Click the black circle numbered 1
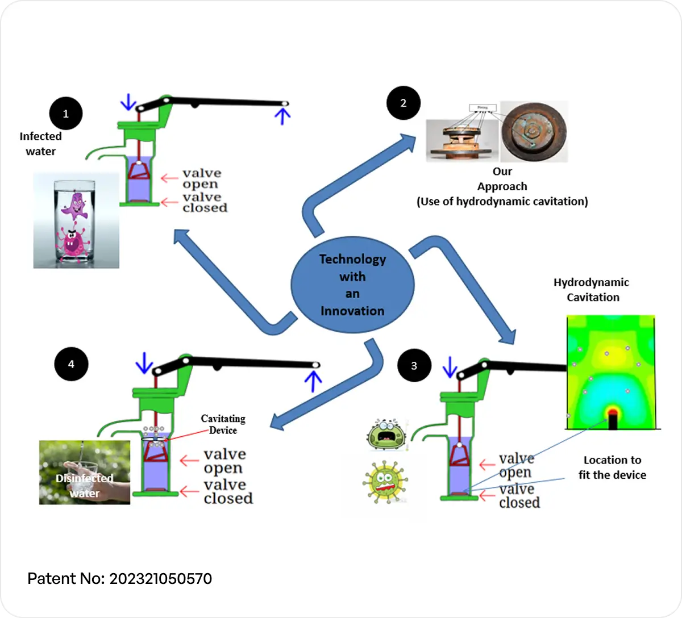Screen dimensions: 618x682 (65, 114)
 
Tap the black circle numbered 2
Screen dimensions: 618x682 (404, 103)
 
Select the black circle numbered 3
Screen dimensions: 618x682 (414, 365)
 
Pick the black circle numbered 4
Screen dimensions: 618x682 (71, 364)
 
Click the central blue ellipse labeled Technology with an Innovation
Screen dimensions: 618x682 (352, 285)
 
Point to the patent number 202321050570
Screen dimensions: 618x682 (160, 579)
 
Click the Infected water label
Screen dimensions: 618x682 (40, 144)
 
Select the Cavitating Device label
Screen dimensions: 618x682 (223, 424)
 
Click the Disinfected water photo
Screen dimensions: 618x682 (85, 472)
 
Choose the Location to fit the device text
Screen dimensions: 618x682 (612, 467)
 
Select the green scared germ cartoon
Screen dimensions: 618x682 (386, 435)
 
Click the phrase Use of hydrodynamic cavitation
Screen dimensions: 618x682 (502, 201)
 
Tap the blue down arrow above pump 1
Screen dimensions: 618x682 (128, 102)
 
